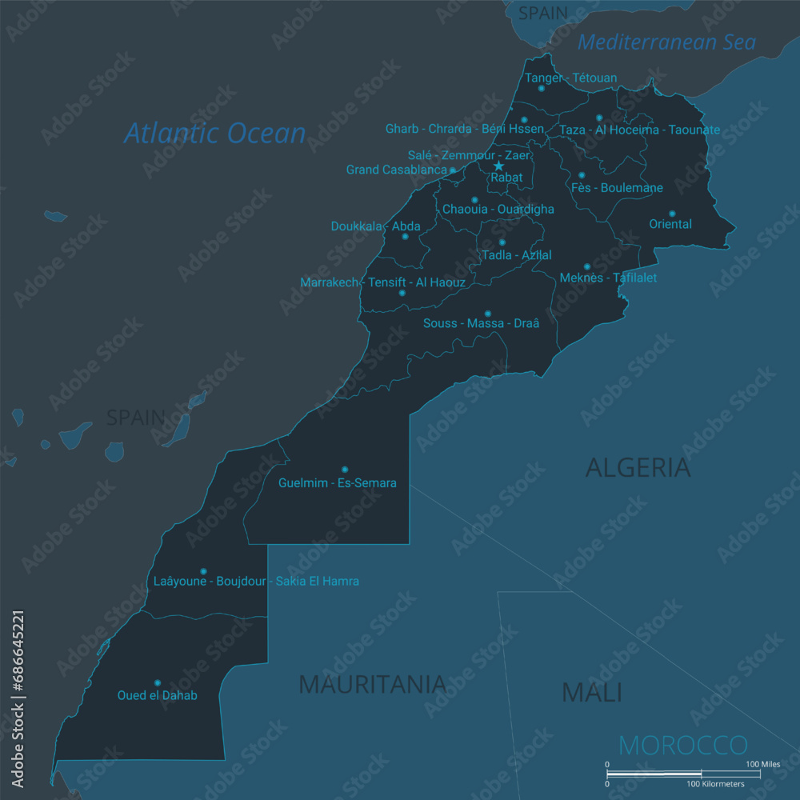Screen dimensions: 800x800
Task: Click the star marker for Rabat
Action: tap(498, 166)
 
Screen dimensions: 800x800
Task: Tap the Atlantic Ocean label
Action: tap(214, 133)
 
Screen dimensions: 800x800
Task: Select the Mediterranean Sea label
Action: tap(666, 42)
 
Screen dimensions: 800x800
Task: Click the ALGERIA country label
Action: tap(638, 467)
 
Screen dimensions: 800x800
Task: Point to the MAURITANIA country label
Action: tap(372, 684)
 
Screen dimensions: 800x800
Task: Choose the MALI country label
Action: tap(591, 692)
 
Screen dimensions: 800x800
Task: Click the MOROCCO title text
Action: tap(682, 746)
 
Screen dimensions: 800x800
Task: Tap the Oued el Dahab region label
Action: tap(157, 696)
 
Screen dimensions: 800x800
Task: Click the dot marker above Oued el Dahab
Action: tap(157, 682)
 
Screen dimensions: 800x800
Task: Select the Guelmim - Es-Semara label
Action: tap(337, 483)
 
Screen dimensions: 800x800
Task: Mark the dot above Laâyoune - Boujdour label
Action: tap(203, 571)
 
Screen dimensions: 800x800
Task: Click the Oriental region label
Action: tap(670, 225)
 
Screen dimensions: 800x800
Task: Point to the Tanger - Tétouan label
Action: tap(570, 78)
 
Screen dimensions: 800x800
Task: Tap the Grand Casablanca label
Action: tap(396, 170)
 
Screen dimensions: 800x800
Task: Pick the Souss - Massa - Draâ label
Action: tap(481, 323)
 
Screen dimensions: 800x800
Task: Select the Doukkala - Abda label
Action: tap(375, 226)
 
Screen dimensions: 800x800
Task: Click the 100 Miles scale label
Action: tap(762, 765)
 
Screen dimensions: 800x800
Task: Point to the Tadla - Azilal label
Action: tap(516, 255)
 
